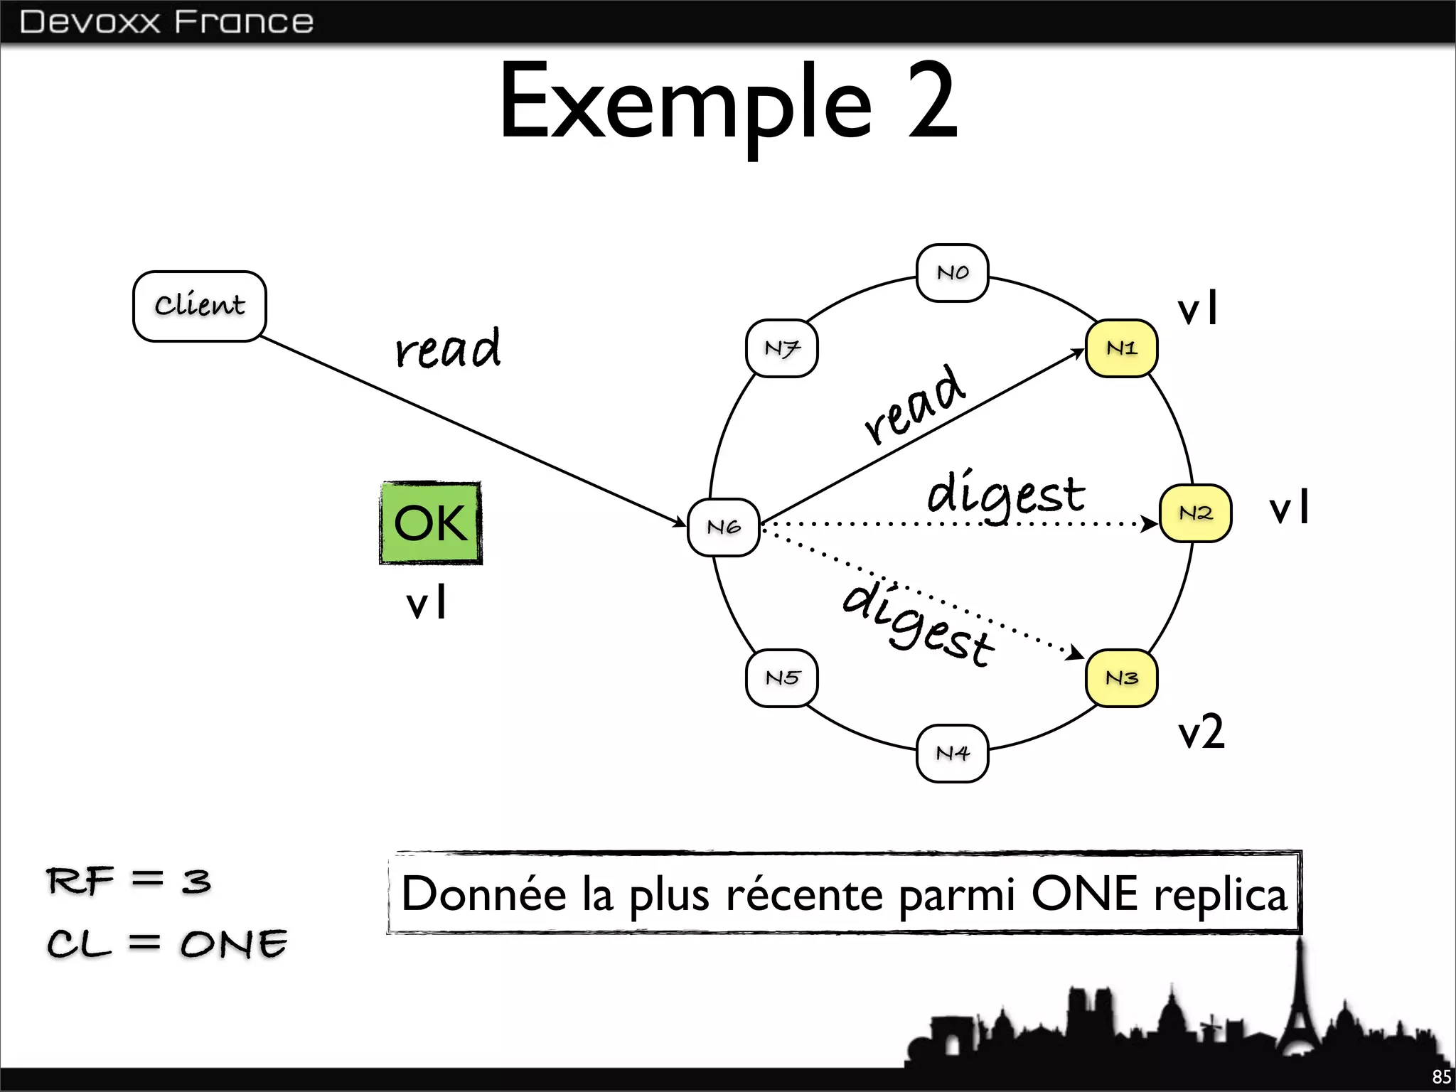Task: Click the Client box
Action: tap(200, 306)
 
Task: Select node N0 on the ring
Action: tap(953, 273)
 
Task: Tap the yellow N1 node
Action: tap(1122, 348)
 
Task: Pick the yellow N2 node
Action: tap(1196, 513)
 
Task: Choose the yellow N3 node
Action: tap(1122, 678)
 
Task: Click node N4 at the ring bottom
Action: tap(953, 754)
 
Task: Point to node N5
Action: tap(782, 678)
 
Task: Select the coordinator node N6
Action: tap(724, 528)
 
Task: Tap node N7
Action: tap(782, 348)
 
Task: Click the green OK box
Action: tap(431, 523)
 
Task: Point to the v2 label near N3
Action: tap(1201, 732)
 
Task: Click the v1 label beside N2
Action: tap(1289, 508)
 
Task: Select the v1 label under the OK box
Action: tap(427, 604)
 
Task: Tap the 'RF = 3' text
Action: tap(129, 882)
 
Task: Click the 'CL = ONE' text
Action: tap(167, 944)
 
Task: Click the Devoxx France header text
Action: tap(166, 22)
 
